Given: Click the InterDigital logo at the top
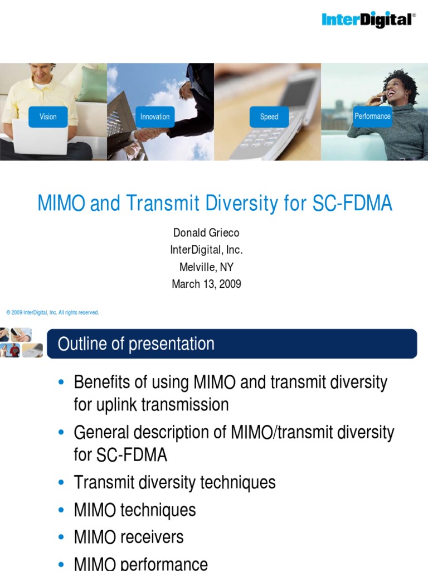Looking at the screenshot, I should click(368, 20).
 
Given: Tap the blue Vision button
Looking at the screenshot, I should click(48, 117).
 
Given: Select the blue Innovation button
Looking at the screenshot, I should click(155, 117).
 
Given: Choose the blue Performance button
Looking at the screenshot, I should click(372, 116).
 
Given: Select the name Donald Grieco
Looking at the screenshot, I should click(206, 233).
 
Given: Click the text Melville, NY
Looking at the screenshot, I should click(206, 267).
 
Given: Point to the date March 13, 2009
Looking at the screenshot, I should click(206, 284).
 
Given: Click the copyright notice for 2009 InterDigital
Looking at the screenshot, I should click(52, 313).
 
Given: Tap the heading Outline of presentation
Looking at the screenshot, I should click(136, 344).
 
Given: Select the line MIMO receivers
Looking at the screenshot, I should click(128, 537).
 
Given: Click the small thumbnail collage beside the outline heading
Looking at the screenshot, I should click(21, 343).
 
